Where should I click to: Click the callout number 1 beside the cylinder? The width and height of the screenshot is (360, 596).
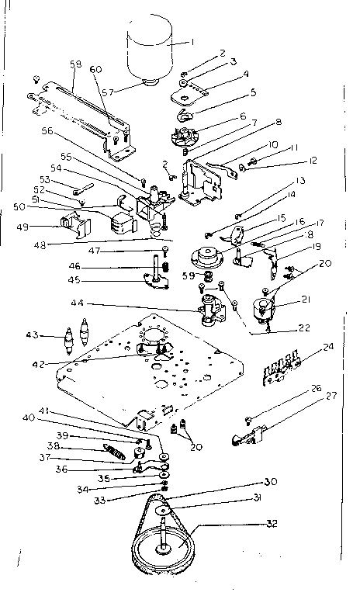pos(196,41)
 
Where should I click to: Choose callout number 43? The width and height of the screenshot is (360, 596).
pos(54,336)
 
